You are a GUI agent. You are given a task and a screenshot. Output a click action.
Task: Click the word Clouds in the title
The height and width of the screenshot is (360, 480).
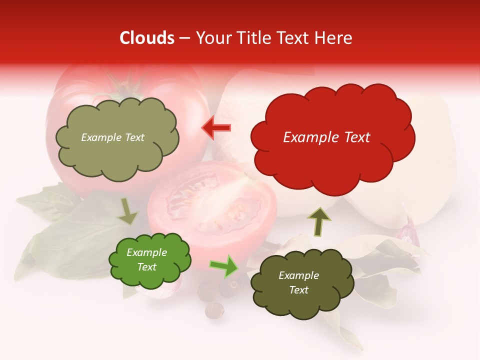147,38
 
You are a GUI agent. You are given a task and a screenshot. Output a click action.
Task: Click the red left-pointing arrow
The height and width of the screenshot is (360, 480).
216,127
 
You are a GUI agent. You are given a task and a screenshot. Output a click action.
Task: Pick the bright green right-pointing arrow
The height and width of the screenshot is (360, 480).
224,265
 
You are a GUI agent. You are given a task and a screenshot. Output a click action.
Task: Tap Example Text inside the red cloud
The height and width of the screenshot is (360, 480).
326,137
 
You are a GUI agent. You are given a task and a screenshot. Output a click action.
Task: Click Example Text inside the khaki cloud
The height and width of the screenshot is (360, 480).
112,137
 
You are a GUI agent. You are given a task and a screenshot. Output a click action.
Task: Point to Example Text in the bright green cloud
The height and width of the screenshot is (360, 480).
147,260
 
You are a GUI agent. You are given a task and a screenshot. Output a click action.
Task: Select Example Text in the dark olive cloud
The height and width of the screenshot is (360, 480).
298,283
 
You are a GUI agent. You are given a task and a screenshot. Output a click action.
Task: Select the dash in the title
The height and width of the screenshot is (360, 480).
184,38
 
